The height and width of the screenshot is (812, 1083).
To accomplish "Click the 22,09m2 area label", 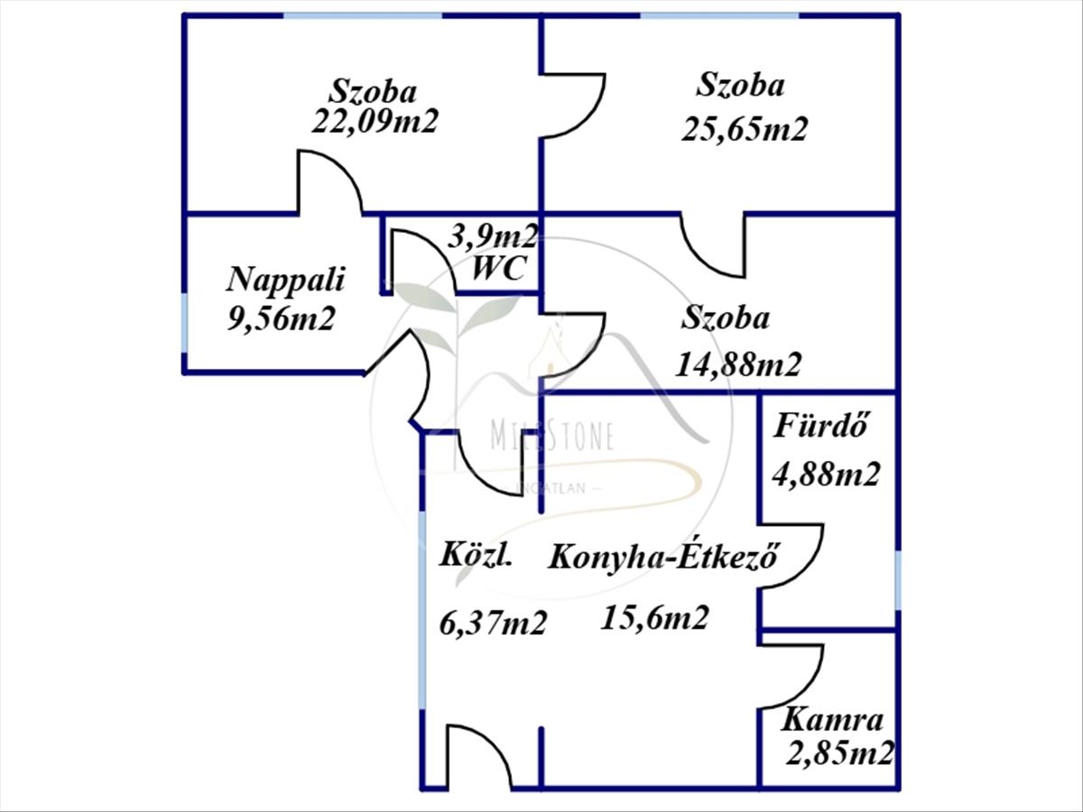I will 375,121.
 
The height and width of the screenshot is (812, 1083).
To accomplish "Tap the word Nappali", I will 286,280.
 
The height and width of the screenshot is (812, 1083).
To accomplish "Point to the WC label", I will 499,269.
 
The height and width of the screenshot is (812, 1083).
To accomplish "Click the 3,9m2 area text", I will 493,238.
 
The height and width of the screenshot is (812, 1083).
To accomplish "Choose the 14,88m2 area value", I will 738,364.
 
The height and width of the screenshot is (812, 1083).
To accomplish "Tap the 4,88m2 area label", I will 827,474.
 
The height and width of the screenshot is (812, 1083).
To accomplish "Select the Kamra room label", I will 831,720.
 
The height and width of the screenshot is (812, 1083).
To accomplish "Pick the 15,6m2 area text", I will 655,618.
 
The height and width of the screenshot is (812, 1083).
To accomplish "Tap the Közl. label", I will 476,554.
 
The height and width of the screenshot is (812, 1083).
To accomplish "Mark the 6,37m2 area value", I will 493,622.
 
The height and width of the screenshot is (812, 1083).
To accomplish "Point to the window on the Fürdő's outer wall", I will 897,580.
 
